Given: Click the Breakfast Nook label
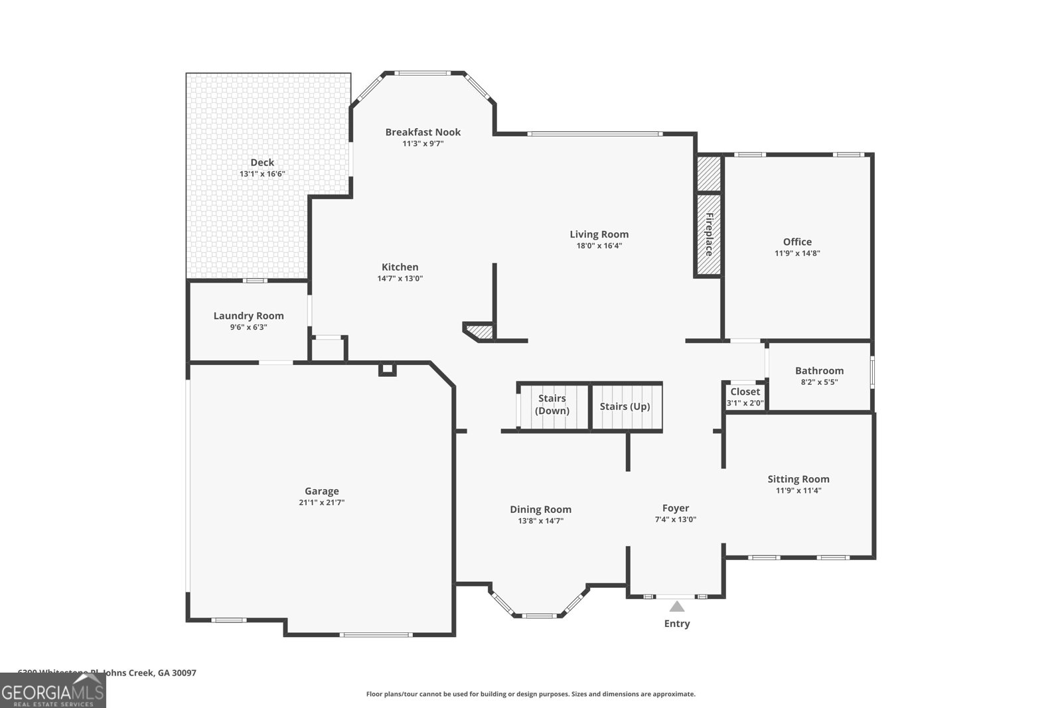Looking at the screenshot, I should point(423,132).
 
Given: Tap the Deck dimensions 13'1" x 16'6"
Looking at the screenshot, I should point(262,174).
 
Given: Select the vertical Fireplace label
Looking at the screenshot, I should point(709,234).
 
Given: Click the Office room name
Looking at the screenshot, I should point(797,242).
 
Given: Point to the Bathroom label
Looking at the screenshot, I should point(819,370).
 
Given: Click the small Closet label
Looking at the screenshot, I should point(745,391).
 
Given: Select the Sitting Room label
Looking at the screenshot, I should point(798,479).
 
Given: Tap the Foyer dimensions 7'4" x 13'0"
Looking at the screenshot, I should point(675,520).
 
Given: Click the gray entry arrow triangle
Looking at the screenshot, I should point(676,606).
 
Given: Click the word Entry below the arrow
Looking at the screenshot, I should point(677,624).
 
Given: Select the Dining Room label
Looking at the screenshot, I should point(540,510).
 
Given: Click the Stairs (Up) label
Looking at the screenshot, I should point(625,406).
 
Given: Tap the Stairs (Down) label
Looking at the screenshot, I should point(552,404).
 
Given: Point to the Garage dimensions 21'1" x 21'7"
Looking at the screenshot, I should point(321,502).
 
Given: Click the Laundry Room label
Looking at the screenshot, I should point(248,316).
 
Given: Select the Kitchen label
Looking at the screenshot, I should point(400,267).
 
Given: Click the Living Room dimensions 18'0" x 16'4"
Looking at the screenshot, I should point(599,246).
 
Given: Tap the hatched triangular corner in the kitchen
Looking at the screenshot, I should point(482,331).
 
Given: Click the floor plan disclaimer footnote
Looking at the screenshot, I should point(530,694).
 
